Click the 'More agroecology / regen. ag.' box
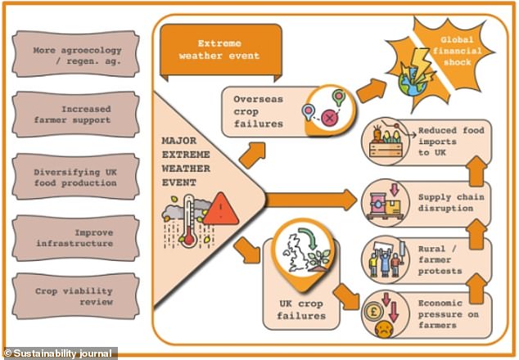pos(75,54)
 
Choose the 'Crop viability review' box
pos(75,296)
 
